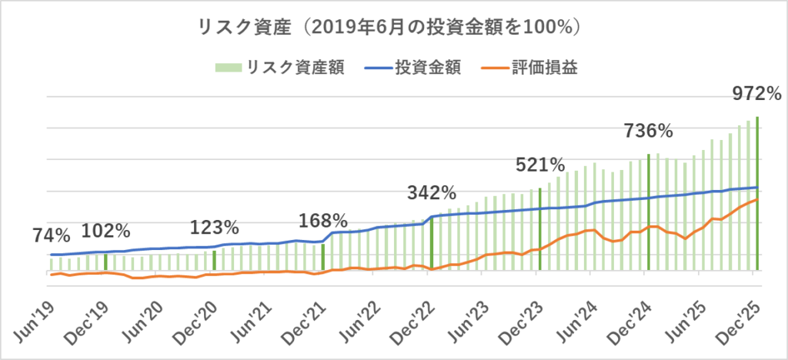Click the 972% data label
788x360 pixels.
756,95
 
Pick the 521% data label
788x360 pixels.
540,165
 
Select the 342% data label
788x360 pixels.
431,192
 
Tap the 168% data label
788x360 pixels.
322,222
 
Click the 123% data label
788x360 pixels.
215,228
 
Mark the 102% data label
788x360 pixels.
105,231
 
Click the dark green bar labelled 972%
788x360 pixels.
757,192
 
